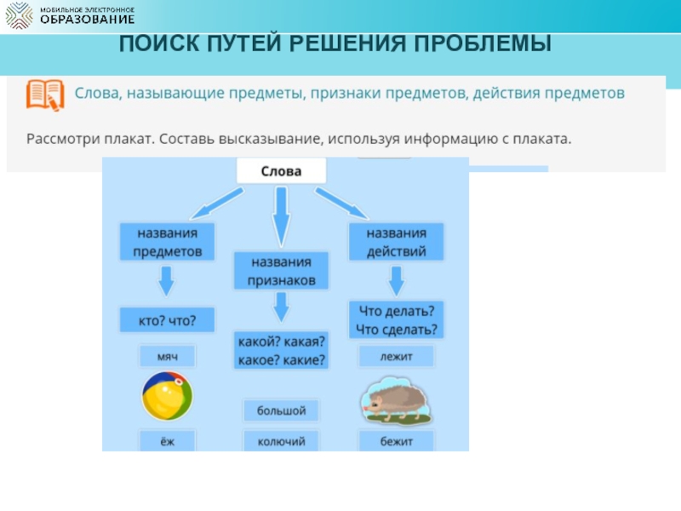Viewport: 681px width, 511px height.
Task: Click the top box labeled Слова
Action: click(x=280, y=172)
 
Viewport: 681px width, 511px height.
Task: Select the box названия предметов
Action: click(x=167, y=242)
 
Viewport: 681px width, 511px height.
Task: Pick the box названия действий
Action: click(x=396, y=242)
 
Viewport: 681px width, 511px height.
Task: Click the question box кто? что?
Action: click(x=167, y=320)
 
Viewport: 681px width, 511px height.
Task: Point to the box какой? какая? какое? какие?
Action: click(x=281, y=349)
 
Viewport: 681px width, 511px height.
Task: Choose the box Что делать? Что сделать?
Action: click(x=396, y=319)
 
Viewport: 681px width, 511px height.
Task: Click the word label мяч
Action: click(x=167, y=356)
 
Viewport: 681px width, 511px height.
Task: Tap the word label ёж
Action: click(x=167, y=441)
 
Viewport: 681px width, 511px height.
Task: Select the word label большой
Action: click(x=281, y=411)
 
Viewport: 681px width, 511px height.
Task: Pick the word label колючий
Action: click(x=281, y=441)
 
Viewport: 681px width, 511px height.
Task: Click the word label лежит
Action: click(x=396, y=356)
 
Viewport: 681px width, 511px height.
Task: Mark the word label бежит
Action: click(x=396, y=441)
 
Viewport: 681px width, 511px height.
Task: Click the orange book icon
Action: click(x=44, y=95)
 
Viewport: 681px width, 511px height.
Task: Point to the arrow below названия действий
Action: click(x=396, y=279)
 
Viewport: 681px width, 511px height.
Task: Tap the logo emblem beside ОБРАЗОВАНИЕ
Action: click(x=19, y=16)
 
